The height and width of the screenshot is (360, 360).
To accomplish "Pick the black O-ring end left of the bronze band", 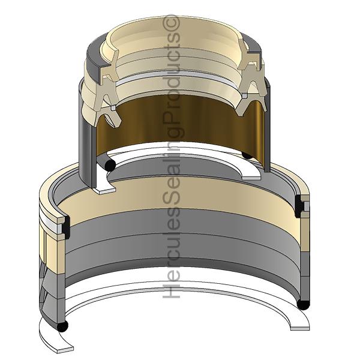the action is tap(110, 166).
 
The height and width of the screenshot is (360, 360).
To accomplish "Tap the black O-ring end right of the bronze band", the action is tap(247, 155).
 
